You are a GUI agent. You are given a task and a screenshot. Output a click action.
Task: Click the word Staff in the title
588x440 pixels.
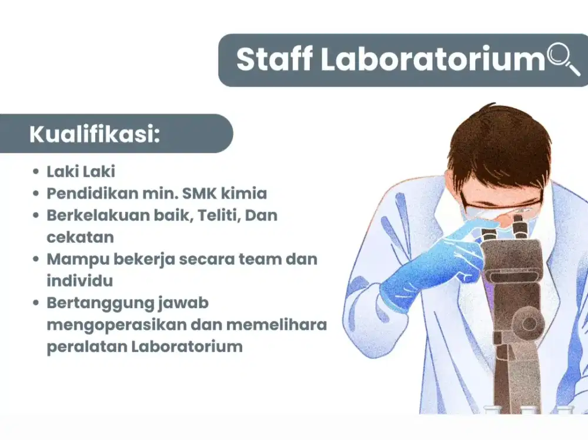pyautogui.click(x=273, y=60)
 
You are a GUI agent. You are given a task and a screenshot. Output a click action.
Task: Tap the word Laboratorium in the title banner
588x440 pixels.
pyautogui.click(x=433, y=60)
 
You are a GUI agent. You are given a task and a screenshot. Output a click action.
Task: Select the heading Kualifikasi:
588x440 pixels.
pyautogui.click(x=95, y=134)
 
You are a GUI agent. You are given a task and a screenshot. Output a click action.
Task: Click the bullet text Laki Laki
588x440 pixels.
pyautogui.click(x=81, y=172)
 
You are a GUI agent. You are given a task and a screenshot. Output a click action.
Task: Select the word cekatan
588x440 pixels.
pyautogui.click(x=80, y=236)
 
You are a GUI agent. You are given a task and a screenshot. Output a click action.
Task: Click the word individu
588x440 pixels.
pyautogui.click(x=79, y=281)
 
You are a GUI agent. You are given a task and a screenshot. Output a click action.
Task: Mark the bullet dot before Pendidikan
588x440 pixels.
pyautogui.click(x=36, y=194)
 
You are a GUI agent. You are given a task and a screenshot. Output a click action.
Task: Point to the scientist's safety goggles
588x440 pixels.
pyautogui.click(x=500, y=205)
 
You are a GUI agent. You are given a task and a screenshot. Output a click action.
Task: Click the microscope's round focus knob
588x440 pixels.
pyautogui.click(x=530, y=323)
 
